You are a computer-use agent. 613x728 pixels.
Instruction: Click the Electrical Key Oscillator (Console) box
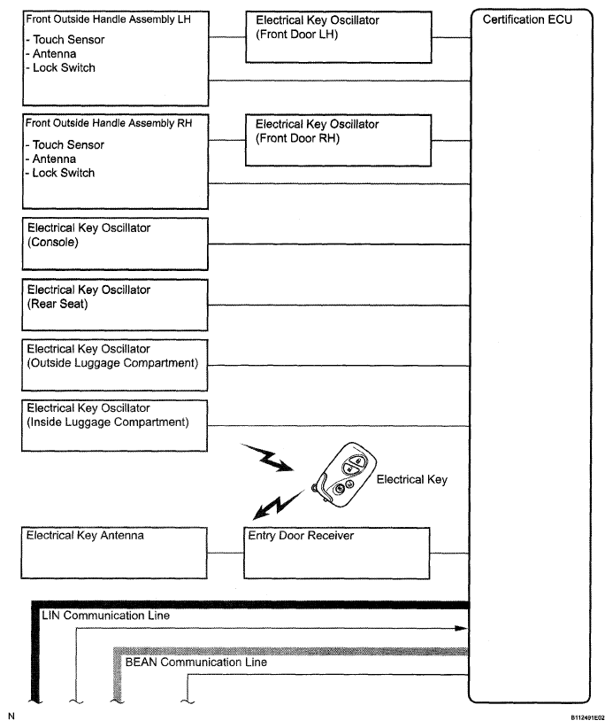pos(114,245)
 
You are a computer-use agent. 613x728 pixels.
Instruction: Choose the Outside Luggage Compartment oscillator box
pos(114,364)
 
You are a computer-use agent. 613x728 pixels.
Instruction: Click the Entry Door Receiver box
pos(337,553)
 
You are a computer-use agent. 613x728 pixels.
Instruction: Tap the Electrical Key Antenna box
pos(114,553)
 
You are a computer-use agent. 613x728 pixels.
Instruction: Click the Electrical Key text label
pos(411,480)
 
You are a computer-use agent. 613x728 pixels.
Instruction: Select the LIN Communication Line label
pos(105,615)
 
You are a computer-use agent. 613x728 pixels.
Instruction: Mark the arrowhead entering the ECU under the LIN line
pos(461,628)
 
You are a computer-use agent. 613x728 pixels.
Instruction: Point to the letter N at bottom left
pos(11,715)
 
